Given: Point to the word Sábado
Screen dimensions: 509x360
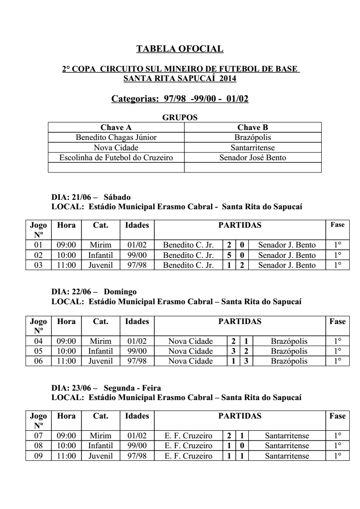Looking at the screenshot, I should tap(117, 197).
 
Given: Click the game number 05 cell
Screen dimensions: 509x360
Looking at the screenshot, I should tap(38, 351).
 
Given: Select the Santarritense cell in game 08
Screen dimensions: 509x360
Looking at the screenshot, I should tap(287, 446).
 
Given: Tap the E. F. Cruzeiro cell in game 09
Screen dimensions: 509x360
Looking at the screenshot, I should tap(189, 455).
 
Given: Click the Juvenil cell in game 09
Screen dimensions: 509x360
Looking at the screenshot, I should tap(98, 455).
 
